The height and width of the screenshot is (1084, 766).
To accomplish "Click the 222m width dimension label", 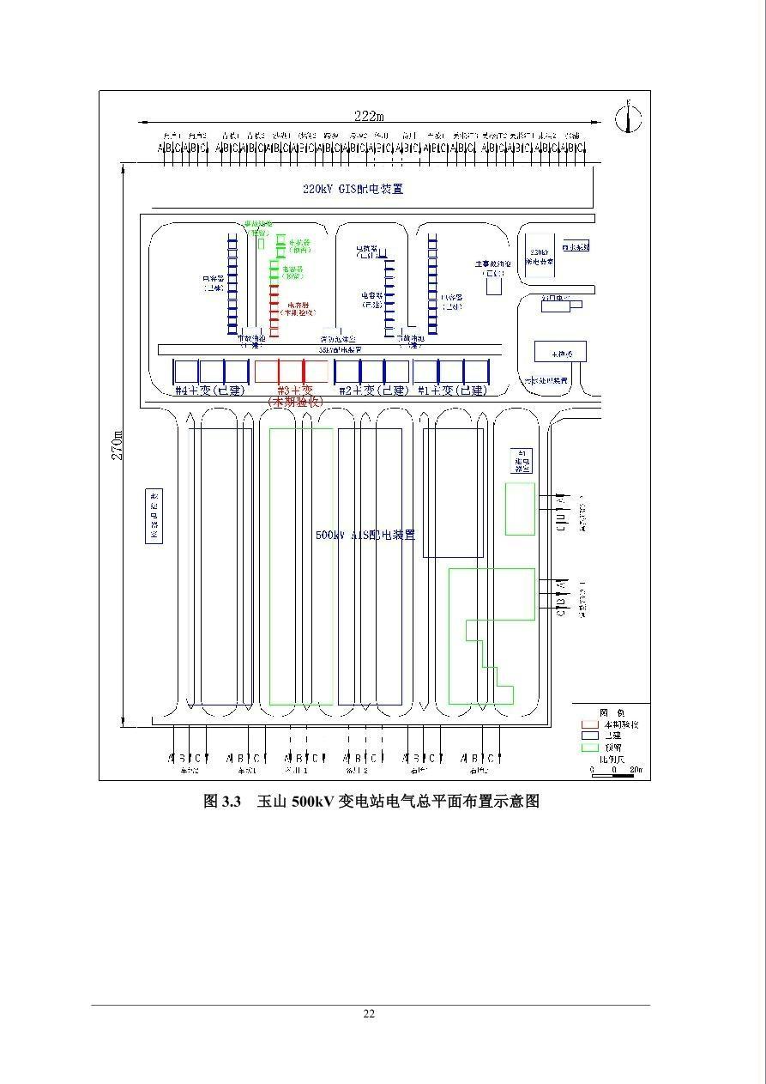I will coord(369,116).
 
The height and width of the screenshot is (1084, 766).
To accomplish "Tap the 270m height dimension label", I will coord(118,445).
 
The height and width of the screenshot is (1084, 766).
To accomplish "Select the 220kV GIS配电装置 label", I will coord(353,189).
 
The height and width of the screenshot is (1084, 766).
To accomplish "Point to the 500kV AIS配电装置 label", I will coord(365,535).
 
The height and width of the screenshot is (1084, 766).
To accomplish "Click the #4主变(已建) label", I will coord(210,391).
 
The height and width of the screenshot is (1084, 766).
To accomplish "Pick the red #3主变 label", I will coord(295,390).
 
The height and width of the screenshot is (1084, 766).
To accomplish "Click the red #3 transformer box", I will coord(292,371).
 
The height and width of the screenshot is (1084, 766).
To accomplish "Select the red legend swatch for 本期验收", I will coord(589,724).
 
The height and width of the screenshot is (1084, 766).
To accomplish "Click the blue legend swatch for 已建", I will coord(589,736).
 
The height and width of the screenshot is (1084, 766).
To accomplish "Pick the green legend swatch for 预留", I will coord(589,747).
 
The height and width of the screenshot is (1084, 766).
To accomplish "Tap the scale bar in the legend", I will coord(614,770).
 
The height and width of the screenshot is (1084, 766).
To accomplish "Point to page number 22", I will coord(369,1014).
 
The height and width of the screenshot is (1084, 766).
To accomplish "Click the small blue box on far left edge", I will coord(154,517).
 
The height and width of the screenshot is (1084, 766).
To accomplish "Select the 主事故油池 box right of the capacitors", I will coord(494,286).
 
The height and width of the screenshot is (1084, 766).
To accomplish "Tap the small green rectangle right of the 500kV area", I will coord(519,508).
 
